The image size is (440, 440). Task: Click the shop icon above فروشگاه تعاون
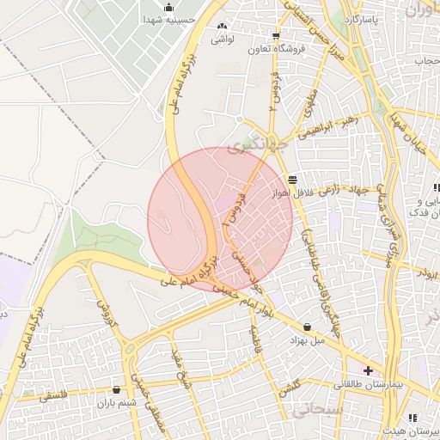pos(276,36)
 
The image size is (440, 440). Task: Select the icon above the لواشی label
pos(223,27)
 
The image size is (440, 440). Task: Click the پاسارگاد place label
pos(359,17)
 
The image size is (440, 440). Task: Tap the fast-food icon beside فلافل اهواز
pos(293,180)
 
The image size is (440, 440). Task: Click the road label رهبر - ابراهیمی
pos(326,126)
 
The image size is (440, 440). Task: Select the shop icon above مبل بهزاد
pos(308,327)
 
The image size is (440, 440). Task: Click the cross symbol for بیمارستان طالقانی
pos(369,370)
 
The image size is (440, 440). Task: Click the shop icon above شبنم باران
pos(116,390)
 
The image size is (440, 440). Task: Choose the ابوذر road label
pos(424,272)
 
